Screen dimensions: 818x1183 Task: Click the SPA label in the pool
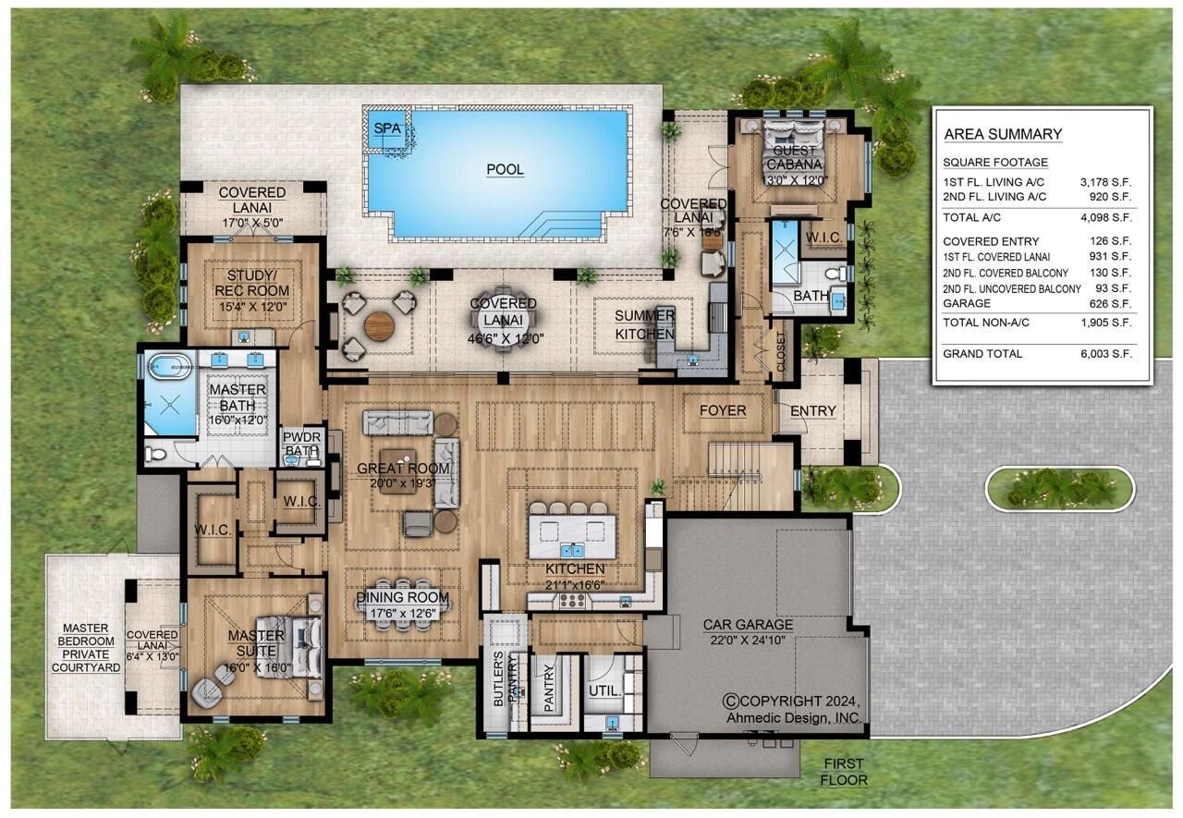(386, 128)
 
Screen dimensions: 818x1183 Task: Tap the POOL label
(505, 170)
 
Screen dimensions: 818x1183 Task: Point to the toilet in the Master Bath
(156, 453)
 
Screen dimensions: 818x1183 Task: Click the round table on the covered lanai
(379, 324)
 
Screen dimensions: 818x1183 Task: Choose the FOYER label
(722, 410)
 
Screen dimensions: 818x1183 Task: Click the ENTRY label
(813, 410)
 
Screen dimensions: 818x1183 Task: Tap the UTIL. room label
(604, 690)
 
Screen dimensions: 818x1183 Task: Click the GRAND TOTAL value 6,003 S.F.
(1105, 354)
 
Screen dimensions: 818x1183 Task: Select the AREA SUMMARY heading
(1003, 135)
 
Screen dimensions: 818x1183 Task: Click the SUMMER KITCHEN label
(645, 324)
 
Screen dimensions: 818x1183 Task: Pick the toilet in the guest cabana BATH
(831, 275)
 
